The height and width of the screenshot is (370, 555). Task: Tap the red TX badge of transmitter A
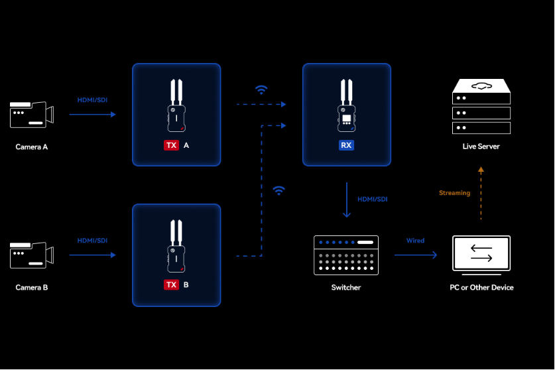(171, 145)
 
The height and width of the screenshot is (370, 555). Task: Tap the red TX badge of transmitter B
(171, 285)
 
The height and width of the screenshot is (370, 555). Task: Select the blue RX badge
(346, 145)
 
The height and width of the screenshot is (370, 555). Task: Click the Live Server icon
(481, 107)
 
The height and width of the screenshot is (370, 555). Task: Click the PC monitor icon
(481, 254)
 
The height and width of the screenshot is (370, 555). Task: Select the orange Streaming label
(454, 193)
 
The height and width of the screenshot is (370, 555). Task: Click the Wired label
(415, 241)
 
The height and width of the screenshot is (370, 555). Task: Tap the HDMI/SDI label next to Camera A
(92, 100)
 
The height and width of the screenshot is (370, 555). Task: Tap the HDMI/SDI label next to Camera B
(92, 241)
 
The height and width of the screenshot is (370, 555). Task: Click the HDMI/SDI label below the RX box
(373, 199)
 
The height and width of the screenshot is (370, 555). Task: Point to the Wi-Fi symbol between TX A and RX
(262, 90)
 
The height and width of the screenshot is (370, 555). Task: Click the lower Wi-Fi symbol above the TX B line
(279, 191)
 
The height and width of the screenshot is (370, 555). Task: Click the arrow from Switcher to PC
(415, 255)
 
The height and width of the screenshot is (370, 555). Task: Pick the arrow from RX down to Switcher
(346, 200)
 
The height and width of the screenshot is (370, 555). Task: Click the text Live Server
(481, 147)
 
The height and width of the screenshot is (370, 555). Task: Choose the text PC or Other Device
(481, 288)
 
